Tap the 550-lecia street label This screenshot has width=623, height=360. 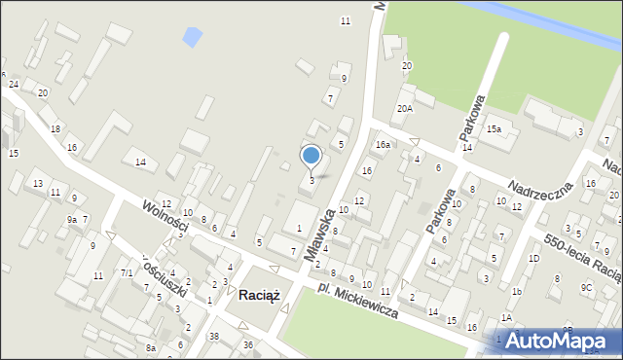(x=582, y=255)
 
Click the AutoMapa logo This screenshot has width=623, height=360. (x=558, y=341)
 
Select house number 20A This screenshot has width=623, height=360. (x=404, y=109)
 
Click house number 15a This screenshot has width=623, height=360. (x=495, y=129)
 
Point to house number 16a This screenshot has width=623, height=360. (x=384, y=145)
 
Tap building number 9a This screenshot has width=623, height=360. (x=71, y=220)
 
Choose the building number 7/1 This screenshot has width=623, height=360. (x=127, y=273)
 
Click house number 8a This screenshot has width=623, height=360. (x=151, y=347)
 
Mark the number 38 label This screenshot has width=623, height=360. (x=213, y=337)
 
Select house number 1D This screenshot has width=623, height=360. (x=533, y=258)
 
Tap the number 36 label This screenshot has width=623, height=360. (x=248, y=344)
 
